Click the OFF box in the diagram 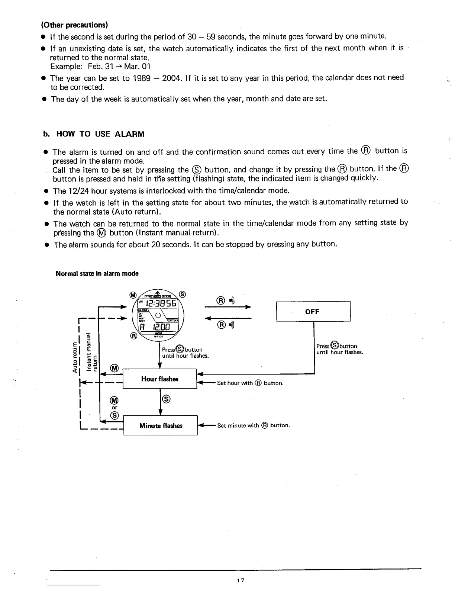313,312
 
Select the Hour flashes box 160,379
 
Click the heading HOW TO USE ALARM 100,134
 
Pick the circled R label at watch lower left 133,336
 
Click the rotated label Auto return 75,357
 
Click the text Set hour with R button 250,383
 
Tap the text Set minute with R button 254,425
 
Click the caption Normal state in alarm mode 97,274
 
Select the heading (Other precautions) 74,25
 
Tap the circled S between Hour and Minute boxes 167,399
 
